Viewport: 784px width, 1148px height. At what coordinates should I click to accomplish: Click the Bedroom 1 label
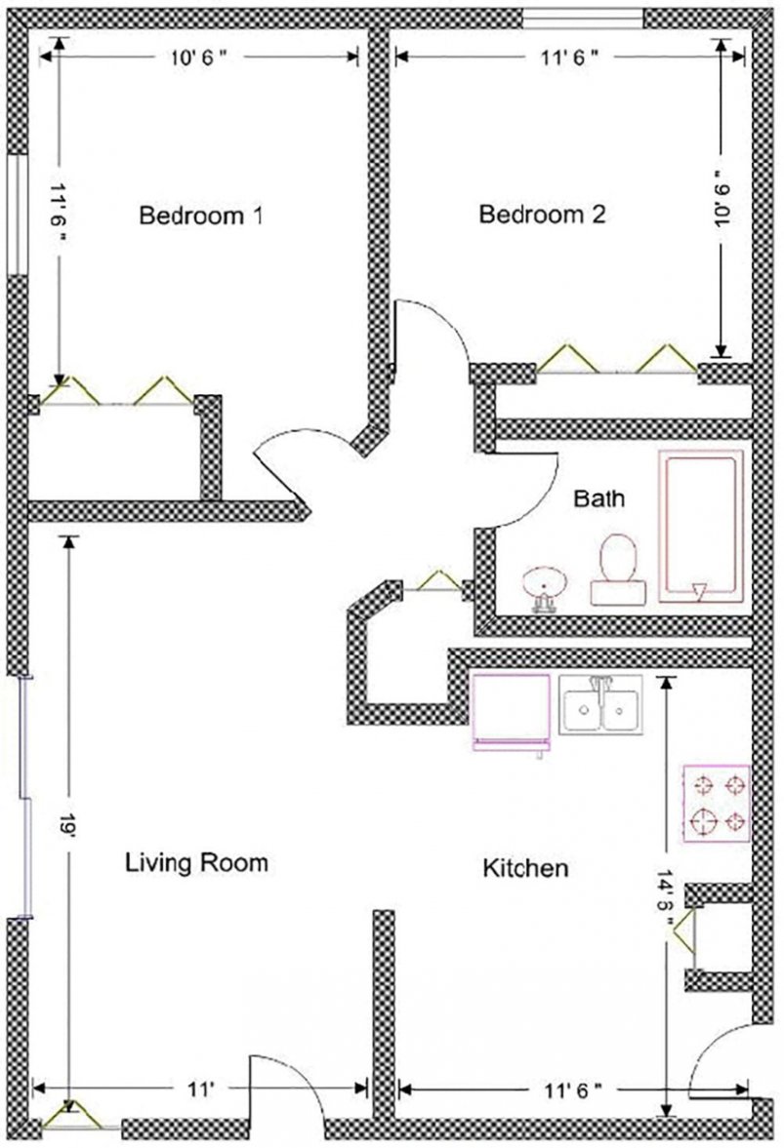pos(201,215)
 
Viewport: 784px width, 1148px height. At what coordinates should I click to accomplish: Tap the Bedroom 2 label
pos(542,215)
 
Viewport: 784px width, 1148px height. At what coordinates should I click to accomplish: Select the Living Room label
pos(196,862)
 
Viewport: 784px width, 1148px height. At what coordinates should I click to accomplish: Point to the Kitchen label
pos(525,867)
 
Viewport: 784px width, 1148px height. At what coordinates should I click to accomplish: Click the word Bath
pos(598,499)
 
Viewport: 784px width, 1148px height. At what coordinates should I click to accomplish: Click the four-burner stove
pos(716,803)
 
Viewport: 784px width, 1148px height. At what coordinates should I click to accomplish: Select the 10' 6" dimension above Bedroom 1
pos(199,58)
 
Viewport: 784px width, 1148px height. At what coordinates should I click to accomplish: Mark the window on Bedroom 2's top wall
pos(583,18)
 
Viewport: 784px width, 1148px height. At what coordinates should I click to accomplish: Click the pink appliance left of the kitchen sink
pos(510,713)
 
